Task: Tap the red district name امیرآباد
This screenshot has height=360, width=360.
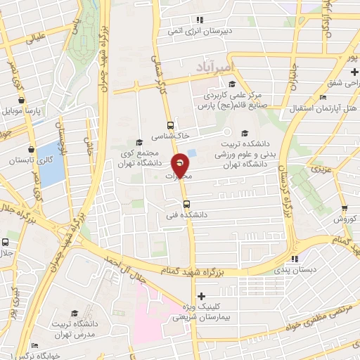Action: [250, 64]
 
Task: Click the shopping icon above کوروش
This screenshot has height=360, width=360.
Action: [345, 208]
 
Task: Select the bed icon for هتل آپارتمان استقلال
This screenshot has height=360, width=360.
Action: [322, 97]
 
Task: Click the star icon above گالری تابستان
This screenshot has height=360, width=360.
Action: [32, 148]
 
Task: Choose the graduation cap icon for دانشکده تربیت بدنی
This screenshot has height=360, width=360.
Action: [244, 133]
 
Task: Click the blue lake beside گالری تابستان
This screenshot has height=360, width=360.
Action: [51, 163]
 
